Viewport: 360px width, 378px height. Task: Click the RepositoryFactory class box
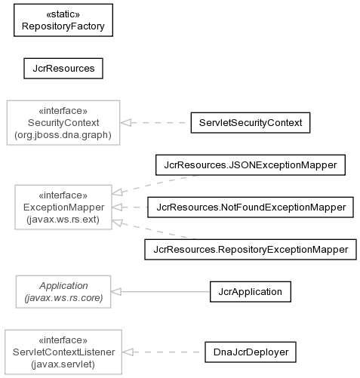coord(63,20)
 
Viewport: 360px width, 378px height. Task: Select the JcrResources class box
coord(63,69)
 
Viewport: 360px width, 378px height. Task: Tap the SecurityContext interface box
coord(63,123)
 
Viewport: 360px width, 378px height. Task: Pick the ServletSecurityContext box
coord(251,123)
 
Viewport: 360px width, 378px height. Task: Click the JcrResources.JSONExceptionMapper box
coord(251,165)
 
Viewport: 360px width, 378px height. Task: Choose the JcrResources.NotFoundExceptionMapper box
coord(251,207)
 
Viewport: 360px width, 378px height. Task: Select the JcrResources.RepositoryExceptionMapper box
coord(251,250)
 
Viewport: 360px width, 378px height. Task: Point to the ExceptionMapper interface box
coord(63,207)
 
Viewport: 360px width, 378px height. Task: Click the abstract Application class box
coord(63,292)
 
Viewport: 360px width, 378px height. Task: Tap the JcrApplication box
coord(251,292)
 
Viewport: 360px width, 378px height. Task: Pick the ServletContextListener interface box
coord(63,352)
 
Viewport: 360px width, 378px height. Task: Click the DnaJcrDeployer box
coord(251,352)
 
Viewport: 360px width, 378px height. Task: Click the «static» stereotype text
coord(63,14)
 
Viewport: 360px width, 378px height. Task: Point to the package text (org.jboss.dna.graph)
coord(63,135)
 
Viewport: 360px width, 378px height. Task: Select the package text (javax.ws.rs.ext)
coord(63,220)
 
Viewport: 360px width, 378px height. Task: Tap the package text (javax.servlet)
coord(63,364)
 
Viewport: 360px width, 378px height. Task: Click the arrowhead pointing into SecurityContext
coord(125,123)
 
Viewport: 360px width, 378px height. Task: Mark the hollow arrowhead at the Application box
coord(116,292)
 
